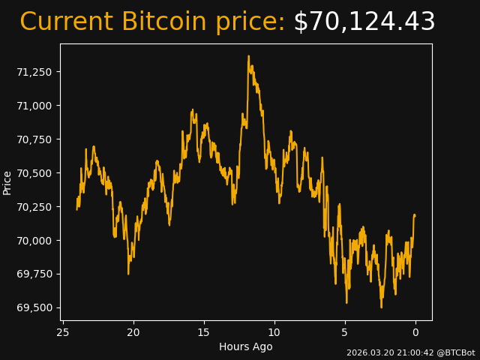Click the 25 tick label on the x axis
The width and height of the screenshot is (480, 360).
[63, 332]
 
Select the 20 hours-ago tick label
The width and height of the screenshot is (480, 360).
[133, 332]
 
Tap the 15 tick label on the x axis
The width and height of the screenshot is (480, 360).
[204, 332]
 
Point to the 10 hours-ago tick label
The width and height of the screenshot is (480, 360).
[274, 332]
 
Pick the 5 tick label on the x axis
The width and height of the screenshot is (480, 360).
[345, 332]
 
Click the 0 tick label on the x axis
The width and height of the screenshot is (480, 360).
[415, 332]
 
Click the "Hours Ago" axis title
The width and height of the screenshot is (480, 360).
[246, 346]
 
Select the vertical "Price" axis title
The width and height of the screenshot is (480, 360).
[7, 182]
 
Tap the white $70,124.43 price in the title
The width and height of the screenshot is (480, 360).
[364, 22]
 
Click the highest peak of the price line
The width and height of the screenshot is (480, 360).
[248, 55]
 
